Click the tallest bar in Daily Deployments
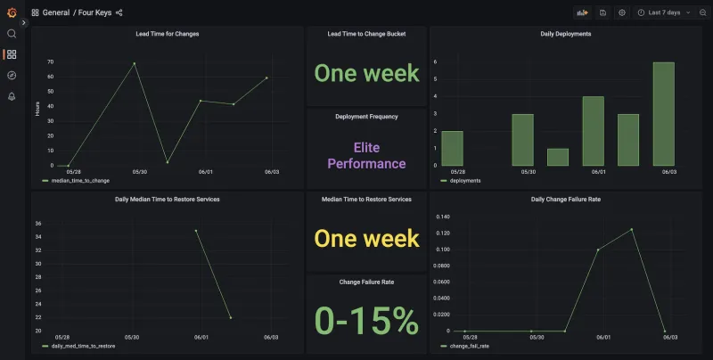pos(663,114)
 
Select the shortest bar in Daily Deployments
pos(557,157)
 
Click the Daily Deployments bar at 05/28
pos(452,148)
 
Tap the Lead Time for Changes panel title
pos(168,34)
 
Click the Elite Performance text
pos(366,155)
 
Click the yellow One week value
pos(366,238)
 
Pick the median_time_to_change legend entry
pos(80,180)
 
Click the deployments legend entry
pos(464,180)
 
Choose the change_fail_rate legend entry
pos(469,345)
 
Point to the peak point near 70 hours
pos(135,63)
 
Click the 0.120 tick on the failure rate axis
pos(442,233)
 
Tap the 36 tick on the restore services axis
pos(38,224)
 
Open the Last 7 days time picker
pos(664,12)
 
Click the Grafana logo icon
pos(12,12)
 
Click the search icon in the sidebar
pos(12,34)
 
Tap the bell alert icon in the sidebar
pos(12,96)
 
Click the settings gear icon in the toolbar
pos(622,12)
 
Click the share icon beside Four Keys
pos(119,12)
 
